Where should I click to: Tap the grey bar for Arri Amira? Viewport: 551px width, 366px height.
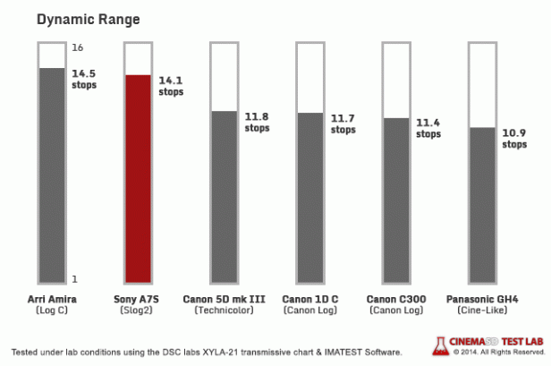(x=50, y=174)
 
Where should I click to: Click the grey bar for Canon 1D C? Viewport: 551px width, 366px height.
(x=309, y=196)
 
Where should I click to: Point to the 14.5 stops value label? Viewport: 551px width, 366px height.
(x=83, y=79)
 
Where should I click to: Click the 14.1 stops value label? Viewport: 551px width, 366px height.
(x=171, y=85)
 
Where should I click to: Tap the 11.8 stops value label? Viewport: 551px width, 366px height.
(x=257, y=122)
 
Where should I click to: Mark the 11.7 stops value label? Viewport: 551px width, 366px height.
(x=343, y=123)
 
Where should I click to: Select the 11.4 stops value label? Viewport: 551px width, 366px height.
(x=428, y=128)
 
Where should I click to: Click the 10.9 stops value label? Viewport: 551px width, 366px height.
(x=514, y=137)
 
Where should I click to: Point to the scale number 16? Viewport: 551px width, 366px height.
(x=77, y=47)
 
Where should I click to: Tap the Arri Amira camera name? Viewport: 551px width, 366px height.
(x=51, y=297)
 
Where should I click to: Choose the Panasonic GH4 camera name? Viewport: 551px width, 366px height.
(x=481, y=297)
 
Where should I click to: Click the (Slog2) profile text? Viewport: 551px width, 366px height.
(x=137, y=310)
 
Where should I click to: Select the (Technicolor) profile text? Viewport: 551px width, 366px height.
(x=223, y=310)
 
